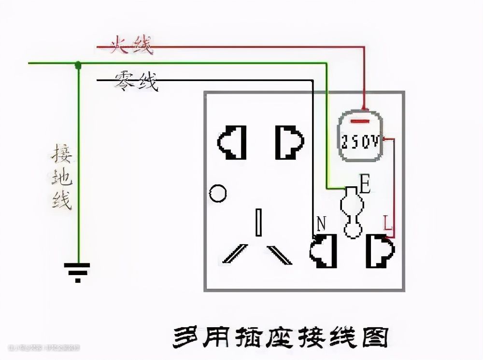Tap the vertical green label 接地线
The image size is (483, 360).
62,178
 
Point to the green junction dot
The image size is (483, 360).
78,64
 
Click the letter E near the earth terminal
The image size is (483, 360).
365,185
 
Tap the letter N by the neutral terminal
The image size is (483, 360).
321,223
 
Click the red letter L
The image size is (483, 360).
388,223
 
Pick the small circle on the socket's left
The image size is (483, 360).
218,193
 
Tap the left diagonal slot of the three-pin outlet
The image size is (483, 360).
234,254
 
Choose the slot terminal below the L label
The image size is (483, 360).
381,251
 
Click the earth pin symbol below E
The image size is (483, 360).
350,212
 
